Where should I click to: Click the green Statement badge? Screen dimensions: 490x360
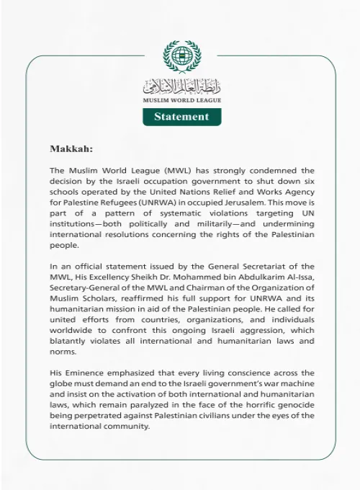click(x=181, y=117)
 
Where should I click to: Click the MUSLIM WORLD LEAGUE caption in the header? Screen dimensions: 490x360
click(x=181, y=101)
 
